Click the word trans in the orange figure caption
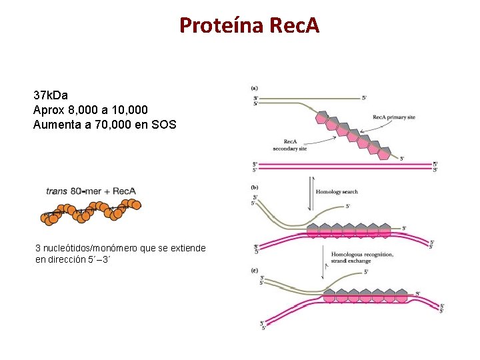coord(56,191)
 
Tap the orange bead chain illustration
coord(91,212)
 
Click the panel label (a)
coord(255,87)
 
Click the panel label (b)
coord(255,187)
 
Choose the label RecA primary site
coord(393,117)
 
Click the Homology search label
coord(336,192)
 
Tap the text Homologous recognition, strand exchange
coord(353,257)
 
